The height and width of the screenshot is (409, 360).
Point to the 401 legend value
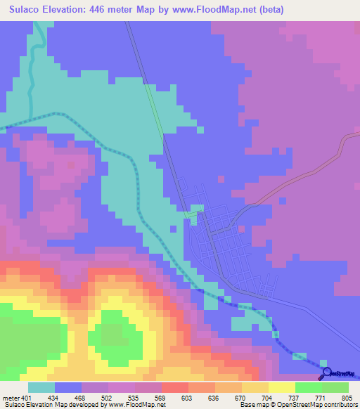(x=27, y=397)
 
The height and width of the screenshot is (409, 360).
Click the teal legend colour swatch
(x=41, y=387)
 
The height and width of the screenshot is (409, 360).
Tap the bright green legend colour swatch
(x=308, y=387)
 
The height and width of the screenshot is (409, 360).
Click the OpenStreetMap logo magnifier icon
(x=327, y=373)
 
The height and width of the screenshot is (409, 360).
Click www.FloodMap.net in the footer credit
(x=134, y=405)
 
